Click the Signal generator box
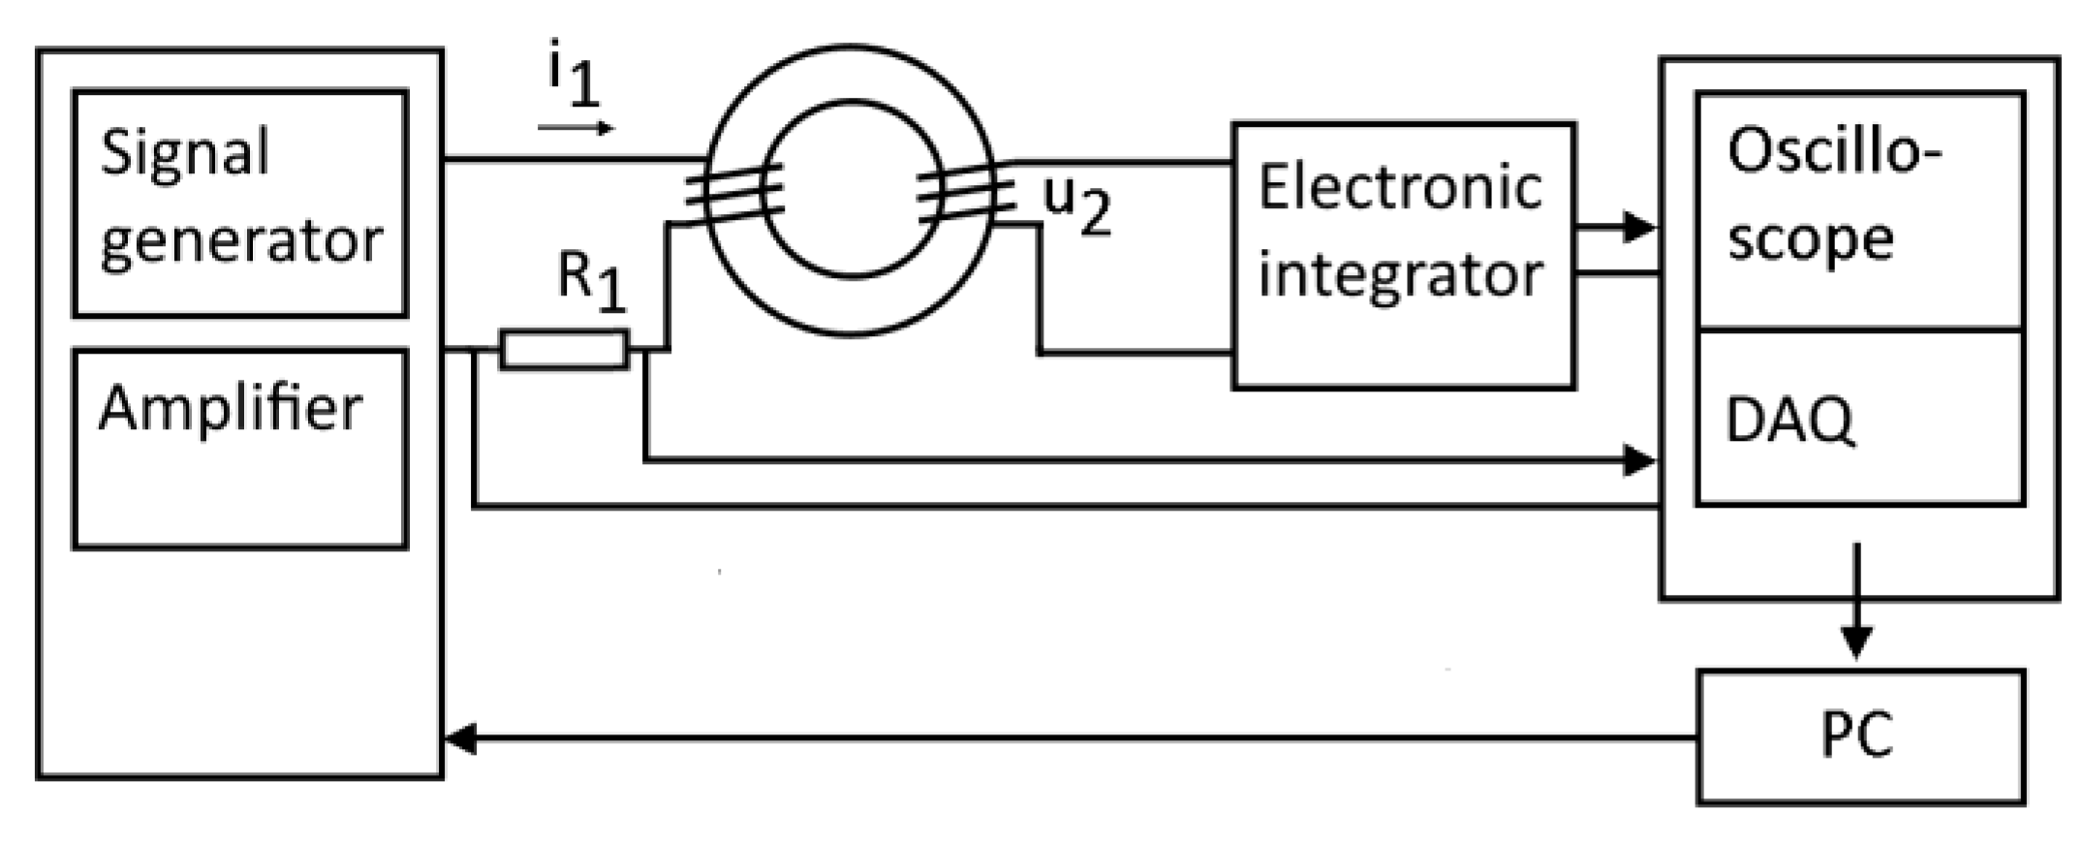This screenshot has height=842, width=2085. [x=240, y=203]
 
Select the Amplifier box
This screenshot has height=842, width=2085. [x=240, y=450]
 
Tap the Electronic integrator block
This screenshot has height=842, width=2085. [x=1402, y=256]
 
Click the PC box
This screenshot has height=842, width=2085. [x=1860, y=736]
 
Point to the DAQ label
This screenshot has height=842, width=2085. [x=1790, y=421]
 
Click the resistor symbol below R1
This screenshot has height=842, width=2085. [x=564, y=350]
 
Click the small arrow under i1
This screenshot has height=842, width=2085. [x=576, y=128]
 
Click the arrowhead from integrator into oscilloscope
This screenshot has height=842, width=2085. [x=1639, y=228]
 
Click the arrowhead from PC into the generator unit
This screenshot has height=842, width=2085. [x=461, y=739]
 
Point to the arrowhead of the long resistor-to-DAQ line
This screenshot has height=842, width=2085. [x=1639, y=460]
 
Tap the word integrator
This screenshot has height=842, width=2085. [x=1400, y=276]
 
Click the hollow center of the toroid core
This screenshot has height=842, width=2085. [x=853, y=189]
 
